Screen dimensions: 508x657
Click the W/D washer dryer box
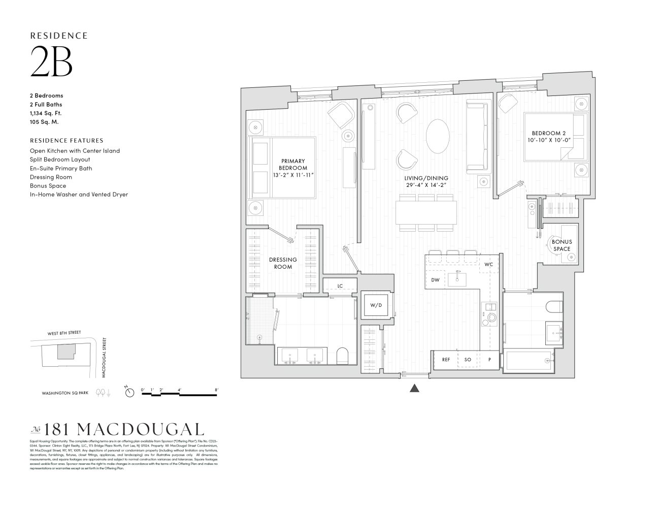pos(376,305)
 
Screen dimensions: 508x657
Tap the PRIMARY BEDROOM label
pos(293,168)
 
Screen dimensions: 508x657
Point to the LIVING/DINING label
pos(426,181)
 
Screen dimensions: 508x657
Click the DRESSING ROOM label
pos(283,263)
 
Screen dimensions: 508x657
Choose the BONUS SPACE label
pos(562,245)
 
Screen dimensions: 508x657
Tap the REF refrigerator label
pos(446,360)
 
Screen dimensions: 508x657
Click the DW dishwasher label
pos(435,280)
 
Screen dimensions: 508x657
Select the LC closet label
pos(340,286)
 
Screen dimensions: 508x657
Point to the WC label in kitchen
pos(488,265)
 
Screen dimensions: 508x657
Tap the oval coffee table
pos(438,136)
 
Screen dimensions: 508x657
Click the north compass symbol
pos(130,392)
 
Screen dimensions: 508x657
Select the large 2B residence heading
pos(51,61)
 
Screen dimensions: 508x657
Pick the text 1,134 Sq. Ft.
pos(46,113)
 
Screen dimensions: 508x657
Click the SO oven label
pos(468,360)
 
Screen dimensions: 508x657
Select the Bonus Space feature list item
pos(48,186)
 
